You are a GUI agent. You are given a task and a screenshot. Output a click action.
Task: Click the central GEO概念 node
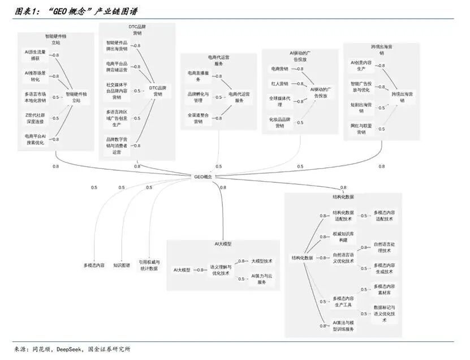[202, 177]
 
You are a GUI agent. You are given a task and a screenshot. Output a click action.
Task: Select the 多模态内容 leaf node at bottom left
[94, 264]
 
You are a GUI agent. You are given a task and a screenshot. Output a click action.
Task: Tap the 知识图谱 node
[121, 264]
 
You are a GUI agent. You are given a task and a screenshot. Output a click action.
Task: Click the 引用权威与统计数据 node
[149, 265]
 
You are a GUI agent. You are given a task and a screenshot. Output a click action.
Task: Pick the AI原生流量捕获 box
[35, 54]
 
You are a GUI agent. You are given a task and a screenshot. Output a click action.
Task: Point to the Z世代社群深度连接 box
[35, 118]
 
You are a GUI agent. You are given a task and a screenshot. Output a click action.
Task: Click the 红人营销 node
[279, 83]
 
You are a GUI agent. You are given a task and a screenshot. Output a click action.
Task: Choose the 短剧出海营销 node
[361, 108]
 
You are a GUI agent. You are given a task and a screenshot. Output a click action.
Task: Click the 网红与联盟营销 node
[361, 128]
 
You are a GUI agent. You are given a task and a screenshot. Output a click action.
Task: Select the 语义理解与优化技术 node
[220, 269]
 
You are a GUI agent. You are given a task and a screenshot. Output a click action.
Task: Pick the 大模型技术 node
[261, 261]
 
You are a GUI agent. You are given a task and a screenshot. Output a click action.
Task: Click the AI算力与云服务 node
[261, 278]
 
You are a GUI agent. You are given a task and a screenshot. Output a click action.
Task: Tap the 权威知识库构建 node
[343, 236]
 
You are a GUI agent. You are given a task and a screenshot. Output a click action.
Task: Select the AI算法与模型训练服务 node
[343, 325]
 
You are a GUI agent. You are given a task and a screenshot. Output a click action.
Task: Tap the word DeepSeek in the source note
[70, 349]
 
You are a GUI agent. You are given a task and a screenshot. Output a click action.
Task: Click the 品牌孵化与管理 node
[198, 97]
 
